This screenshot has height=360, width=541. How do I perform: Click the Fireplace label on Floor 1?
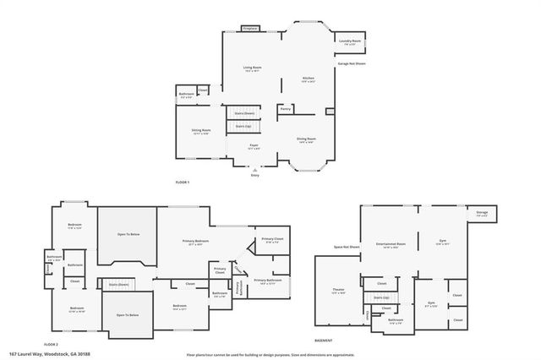[x=249, y=28]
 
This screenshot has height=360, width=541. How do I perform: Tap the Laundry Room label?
[x=350, y=41]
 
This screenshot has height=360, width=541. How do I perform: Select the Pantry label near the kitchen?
[x=286, y=108]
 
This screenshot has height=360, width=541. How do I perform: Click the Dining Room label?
[x=306, y=139]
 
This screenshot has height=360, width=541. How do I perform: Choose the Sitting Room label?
[x=200, y=131]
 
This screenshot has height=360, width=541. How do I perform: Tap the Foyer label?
[x=253, y=146]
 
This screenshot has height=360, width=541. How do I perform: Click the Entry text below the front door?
[x=254, y=175]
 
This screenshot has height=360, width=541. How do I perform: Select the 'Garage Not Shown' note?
[x=352, y=63]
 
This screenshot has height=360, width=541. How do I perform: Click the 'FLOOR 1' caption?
[x=182, y=183]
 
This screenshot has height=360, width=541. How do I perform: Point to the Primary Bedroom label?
[x=196, y=242]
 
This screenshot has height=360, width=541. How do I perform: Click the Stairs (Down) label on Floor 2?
[x=118, y=285]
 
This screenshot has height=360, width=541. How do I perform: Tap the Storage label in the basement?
[x=482, y=213]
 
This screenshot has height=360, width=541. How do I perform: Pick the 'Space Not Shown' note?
[x=347, y=248]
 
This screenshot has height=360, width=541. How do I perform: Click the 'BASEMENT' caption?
[x=323, y=340]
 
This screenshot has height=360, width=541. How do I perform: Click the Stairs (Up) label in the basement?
[x=381, y=297]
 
